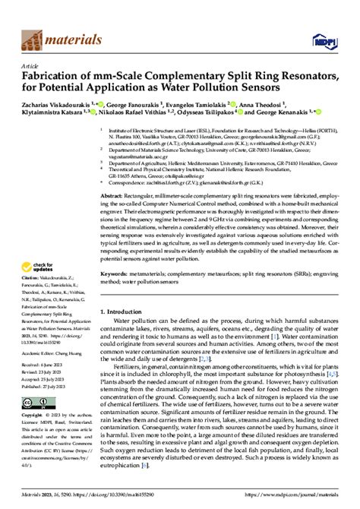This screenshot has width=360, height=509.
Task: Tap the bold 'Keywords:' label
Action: click(x=117, y=270)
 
